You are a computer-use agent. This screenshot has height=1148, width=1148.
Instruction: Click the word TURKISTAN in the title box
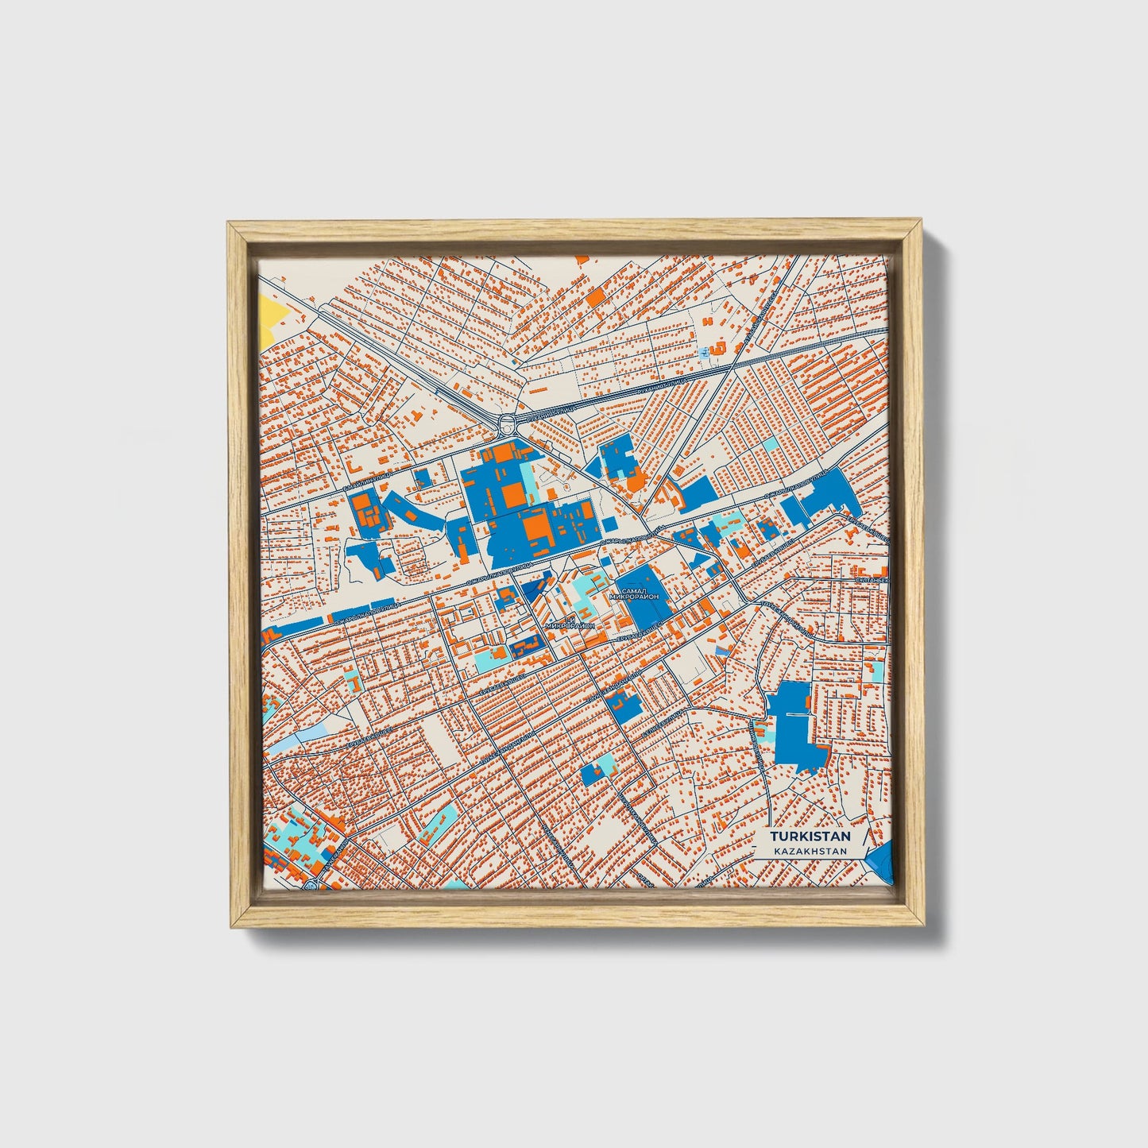[810, 837]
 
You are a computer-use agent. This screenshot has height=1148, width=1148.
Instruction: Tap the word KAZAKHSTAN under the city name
[810, 851]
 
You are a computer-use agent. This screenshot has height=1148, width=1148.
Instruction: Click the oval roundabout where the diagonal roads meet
[506, 423]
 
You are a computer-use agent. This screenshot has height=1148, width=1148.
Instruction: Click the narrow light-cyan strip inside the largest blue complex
[530, 485]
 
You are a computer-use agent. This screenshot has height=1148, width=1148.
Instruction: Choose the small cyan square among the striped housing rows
[770, 443]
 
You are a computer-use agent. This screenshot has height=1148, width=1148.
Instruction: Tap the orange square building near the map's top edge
[594, 297]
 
